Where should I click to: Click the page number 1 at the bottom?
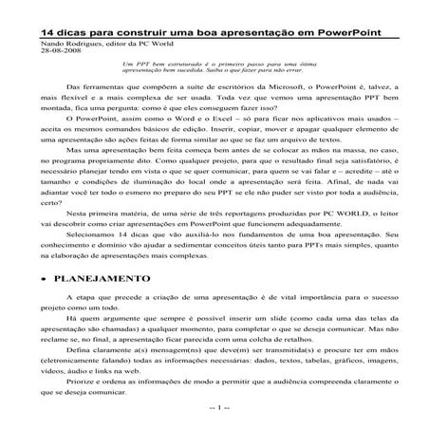pyautogui.click(x=214, y=422)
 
